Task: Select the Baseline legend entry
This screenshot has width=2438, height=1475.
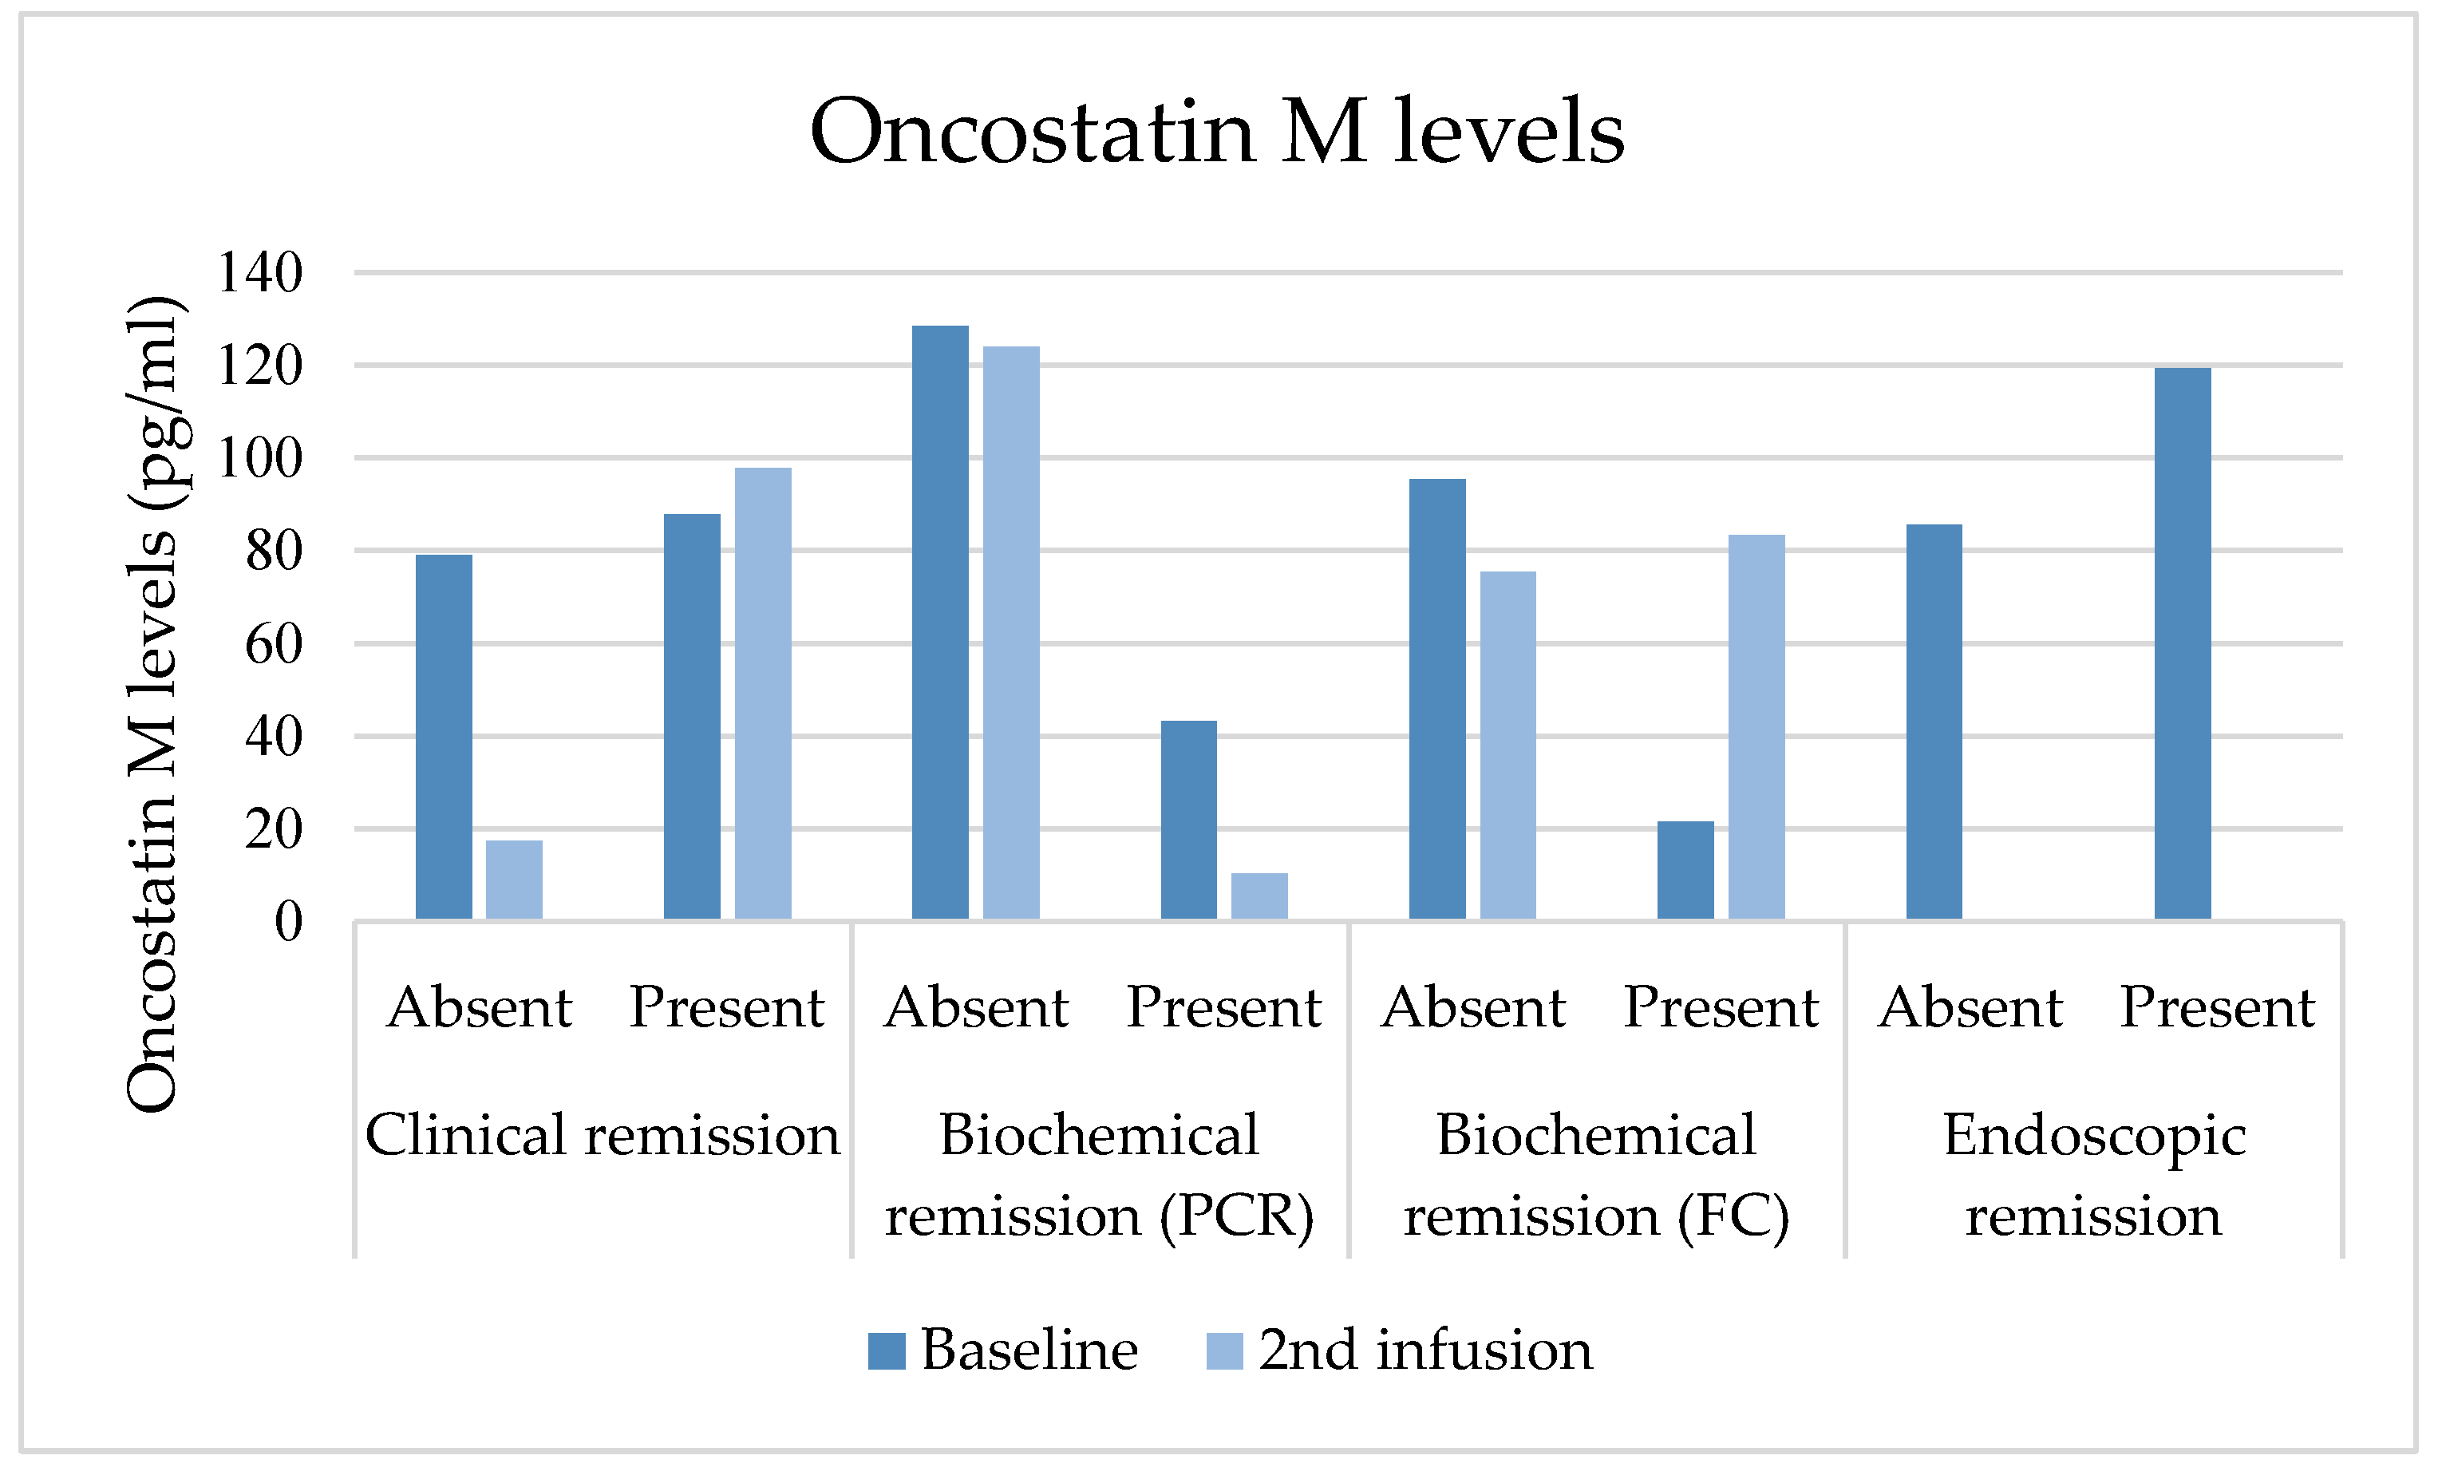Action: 1003,1350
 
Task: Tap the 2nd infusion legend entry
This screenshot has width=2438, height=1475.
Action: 1399,1350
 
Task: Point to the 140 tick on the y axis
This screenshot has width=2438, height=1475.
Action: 260,272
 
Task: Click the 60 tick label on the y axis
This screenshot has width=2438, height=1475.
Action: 274,644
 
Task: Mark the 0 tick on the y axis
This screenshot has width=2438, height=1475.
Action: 289,922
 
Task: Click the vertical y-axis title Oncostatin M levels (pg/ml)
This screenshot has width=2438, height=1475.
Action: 152,703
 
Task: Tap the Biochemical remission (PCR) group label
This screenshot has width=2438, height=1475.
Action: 1099,1175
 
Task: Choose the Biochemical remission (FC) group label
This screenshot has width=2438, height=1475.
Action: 1596,1175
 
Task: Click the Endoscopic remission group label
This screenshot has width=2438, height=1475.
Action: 2094,1175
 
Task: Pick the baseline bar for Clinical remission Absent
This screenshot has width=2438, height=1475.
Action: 443,737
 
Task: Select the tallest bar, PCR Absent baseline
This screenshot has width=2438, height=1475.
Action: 940,623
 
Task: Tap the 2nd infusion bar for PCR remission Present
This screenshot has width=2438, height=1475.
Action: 1259,897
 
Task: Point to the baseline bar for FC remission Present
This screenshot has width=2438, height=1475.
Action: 1685,871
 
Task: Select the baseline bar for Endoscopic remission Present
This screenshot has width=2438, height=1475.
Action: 2183,643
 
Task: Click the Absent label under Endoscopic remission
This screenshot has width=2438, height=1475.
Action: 1970,1008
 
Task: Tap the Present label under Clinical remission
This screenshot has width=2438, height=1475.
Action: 726,1008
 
